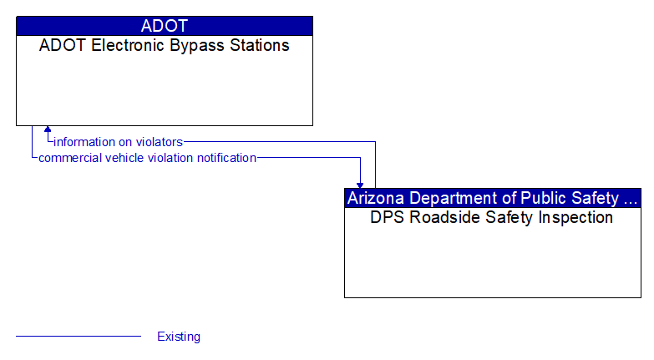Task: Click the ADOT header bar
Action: pos(165,26)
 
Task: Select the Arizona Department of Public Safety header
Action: pos(492,198)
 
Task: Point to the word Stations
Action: pos(259,46)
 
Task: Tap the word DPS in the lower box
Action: pos(387,218)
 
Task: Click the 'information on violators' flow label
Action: pos(118,142)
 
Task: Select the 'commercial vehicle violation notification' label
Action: pos(147,158)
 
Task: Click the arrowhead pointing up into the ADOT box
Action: pos(48,130)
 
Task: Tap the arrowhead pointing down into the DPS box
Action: pos(360,184)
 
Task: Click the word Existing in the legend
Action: pos(179,337)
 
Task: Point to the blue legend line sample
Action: pos(79,337)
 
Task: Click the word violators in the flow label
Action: pos(161,142)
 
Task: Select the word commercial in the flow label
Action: pos(68,158)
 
